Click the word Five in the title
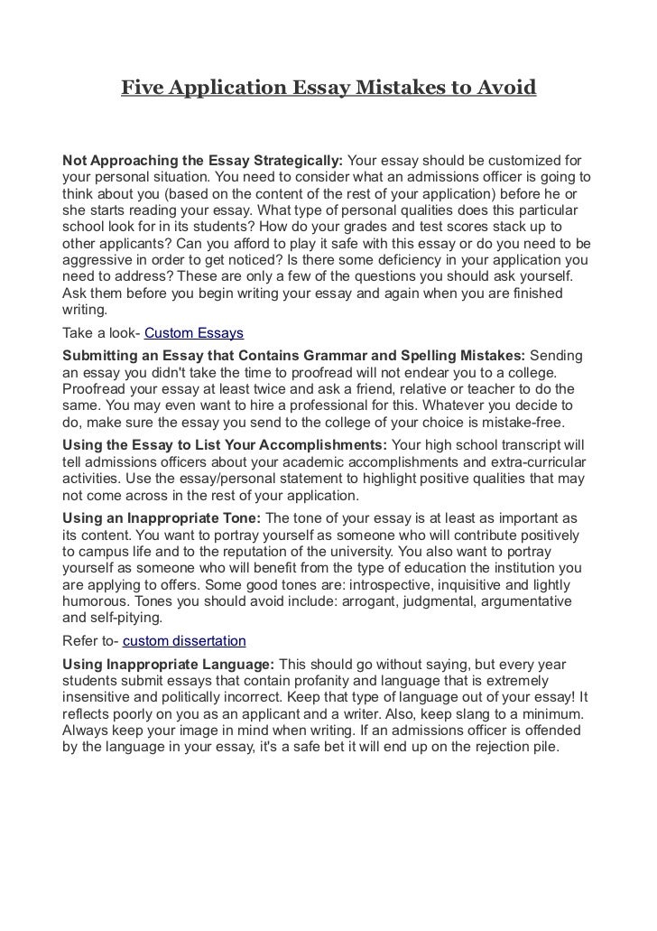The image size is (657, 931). pyautogui.click(x=141, y=88)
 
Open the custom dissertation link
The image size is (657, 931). pyautogui.click(x=183, y=641)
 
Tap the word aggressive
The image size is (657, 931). pyautogui.click(x=98, y=260)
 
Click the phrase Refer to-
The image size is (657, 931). pyautogui.click(x=89, y=641)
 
